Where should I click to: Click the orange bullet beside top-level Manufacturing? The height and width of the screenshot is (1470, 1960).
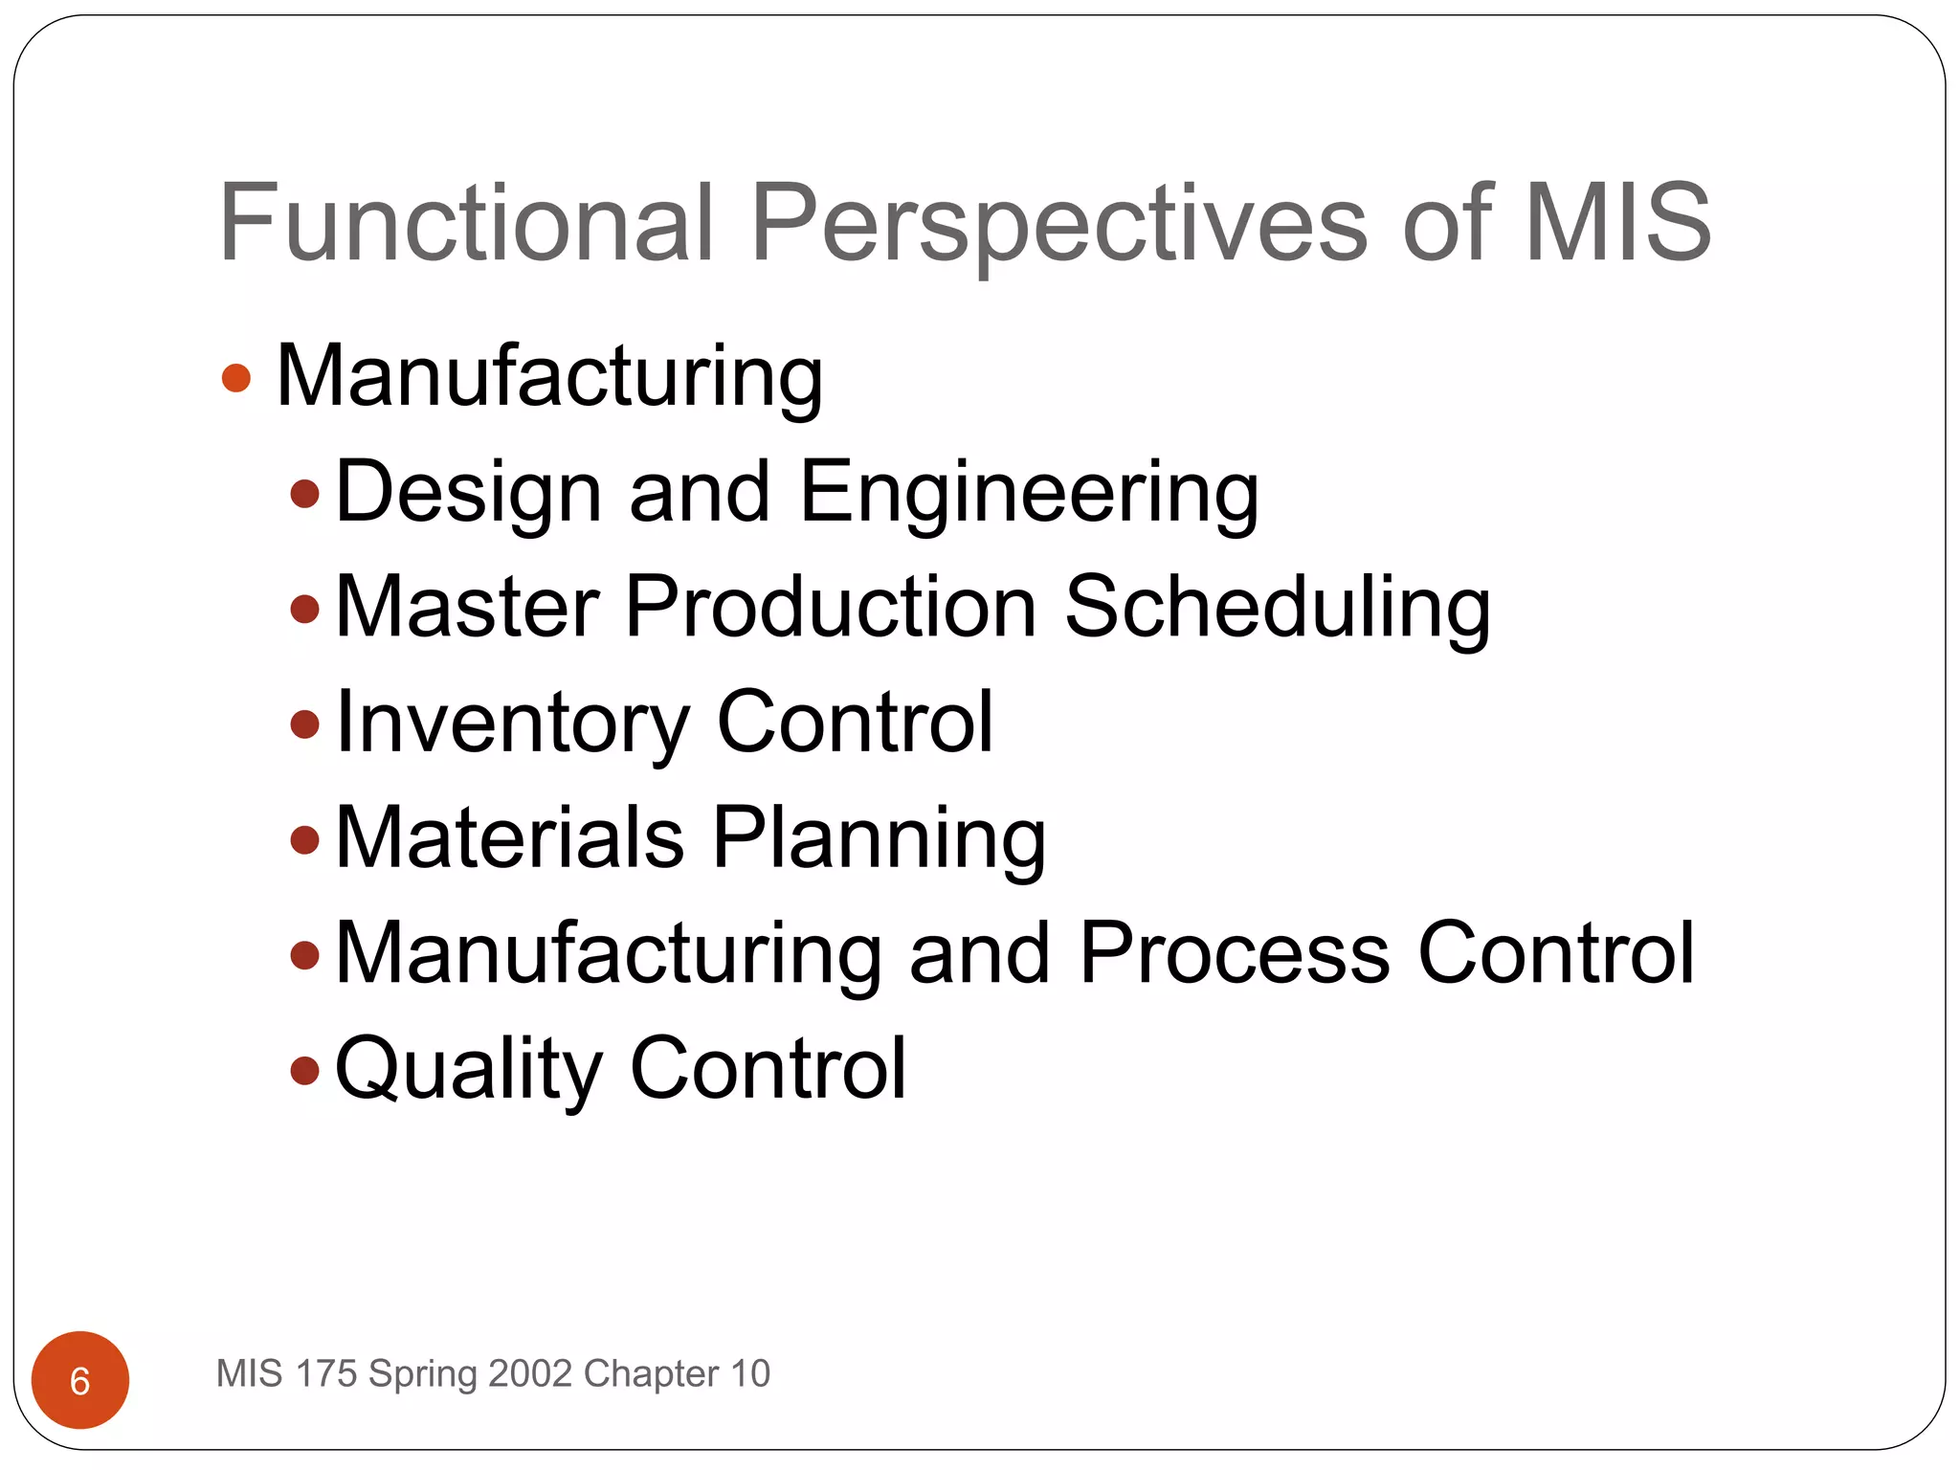click(235, 377)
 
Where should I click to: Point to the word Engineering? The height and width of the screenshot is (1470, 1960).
click(1029, 492)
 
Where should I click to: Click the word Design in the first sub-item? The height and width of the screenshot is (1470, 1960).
click(469, 492)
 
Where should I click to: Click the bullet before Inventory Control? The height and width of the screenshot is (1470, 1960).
click(304, 724)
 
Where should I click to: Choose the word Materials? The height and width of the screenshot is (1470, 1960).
click(510, 837)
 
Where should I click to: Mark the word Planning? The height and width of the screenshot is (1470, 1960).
click(879, 837)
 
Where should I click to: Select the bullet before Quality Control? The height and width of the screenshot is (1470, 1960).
click(304, 1069)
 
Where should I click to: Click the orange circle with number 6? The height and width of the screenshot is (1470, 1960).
click(80, 1379)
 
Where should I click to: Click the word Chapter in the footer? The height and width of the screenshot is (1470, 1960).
click(651, 1373)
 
